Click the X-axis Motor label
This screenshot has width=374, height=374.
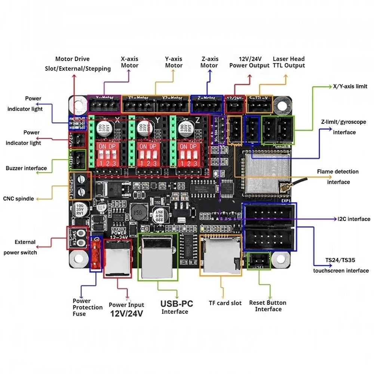(x=129, y=62)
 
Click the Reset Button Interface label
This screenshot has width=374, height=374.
(x=268, y=306)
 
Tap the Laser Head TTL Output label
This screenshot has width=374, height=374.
(x=289, y=62)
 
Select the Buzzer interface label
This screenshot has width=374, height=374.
(x=26, y=168)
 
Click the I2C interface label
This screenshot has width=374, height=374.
(x=353, y=219)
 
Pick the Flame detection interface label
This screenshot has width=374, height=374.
(x=338, y=177)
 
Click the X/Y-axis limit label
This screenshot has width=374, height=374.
(x=350, y=86)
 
